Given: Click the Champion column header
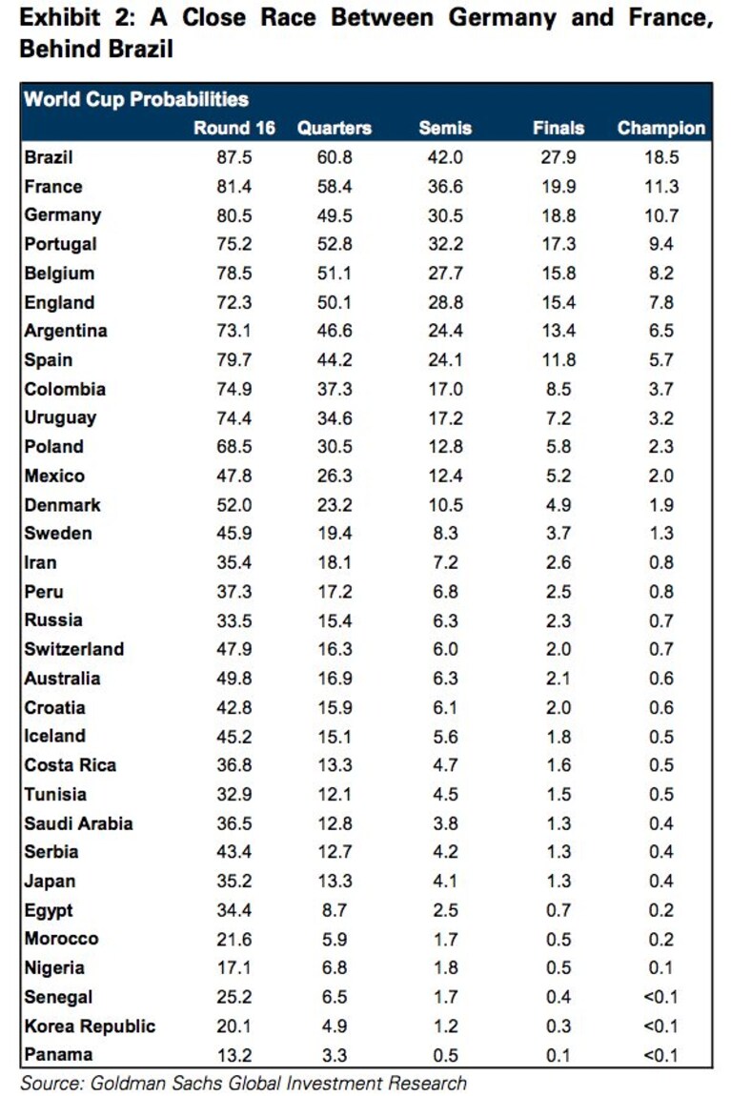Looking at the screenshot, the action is (661, 128).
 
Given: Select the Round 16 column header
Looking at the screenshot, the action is (234, 128).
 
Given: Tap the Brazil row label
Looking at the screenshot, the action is (49, 157).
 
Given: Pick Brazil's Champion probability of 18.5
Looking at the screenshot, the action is (661, 157).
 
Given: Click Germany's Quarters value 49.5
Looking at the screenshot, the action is (335, 216).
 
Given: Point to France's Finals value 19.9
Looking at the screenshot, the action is (558, 187).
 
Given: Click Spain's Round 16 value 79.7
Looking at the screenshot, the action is (234, 360).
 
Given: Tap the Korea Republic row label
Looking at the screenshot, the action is (90, 1026).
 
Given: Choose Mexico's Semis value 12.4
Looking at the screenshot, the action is (445, 476).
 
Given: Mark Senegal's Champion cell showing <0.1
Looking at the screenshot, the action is (661, 997).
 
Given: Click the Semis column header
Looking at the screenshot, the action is (445, 128).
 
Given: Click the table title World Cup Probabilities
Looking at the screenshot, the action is (136, 99).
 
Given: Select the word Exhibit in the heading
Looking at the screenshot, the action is (60, 17).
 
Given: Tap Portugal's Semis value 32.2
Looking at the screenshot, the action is (445, 245).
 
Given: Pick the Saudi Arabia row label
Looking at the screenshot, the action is (78, 823).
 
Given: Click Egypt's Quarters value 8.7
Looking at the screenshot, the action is (335, 910).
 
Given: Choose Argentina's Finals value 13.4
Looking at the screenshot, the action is (558, 331).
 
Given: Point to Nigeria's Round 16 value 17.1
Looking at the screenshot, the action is (234, 968).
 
